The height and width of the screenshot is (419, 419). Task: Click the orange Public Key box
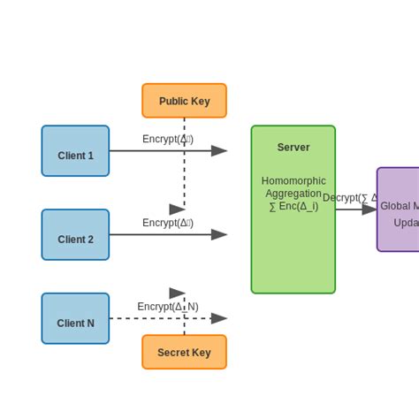(x=184, y=101)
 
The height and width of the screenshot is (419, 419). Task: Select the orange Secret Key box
(x=184, y=352)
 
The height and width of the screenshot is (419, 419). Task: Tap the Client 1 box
(x=75, y=151)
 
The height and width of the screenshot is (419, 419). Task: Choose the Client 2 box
(x=75, y=235)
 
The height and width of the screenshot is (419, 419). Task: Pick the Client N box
(x=75, y=319)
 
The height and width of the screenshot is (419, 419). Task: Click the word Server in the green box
(x=293, y=148)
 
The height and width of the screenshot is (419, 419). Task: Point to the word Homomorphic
(x=293, y=180)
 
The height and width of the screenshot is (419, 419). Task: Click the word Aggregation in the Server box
(x=293, y=193)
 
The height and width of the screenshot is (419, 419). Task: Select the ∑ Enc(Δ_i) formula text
(x=293, y=206)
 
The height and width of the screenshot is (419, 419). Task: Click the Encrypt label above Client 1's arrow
(x=168, y=139)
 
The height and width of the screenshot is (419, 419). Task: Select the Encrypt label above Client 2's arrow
(x=168, y=223)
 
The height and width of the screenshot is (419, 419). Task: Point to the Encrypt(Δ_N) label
(x=168, y=307)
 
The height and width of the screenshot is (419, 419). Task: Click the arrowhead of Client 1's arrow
(x=219, y=151)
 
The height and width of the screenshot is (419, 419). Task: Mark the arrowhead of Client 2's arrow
(x=219, y=235)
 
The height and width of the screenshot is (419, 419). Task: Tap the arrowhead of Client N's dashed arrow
(x=219, y=318)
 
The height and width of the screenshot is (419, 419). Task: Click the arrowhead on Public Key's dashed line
(x=178, y=209)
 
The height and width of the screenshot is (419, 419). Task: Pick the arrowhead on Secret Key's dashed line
(x=178, y=293)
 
